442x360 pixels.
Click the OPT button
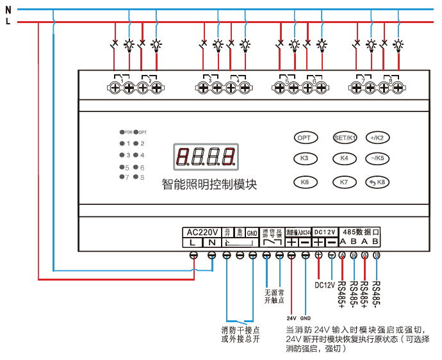click(x=307, y=137)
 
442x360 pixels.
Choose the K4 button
click(x=344, y=158)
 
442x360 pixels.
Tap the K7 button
click(x=344, y=182)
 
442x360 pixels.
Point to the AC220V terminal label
click(x=202, y=232)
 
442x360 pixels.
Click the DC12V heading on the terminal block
click(x=325, y=231)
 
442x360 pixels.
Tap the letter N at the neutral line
click(x=8, y=10)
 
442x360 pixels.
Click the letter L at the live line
click(x=8, y=22)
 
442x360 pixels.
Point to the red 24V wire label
click(x=291, y=318)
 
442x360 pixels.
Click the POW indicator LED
click(x=122, y=132)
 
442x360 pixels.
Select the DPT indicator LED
click(x=136, y=132)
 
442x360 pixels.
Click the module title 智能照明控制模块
click(x=209, y=185)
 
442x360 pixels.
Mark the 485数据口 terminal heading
click(x=361, y=231)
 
